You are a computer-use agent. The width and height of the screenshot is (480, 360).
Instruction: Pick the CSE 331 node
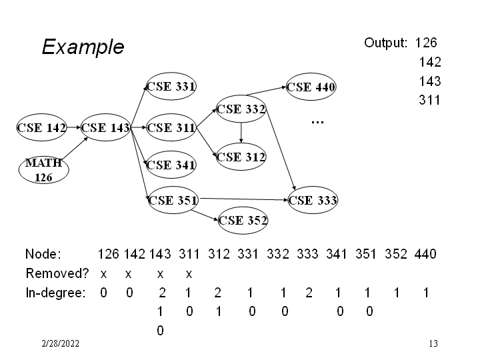pos(171,86)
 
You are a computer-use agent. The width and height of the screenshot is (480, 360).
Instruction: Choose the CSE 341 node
pos(171,165)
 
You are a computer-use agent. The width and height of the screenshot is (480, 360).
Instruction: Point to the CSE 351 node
pos(171,199)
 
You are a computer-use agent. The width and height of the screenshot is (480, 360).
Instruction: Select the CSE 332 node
pos(241,109)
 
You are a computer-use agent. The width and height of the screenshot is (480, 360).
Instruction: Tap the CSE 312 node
pos(241,157)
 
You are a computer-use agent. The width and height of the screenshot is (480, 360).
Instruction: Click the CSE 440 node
pos(311,87)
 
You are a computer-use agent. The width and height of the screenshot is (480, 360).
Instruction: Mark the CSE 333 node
pos(313,199)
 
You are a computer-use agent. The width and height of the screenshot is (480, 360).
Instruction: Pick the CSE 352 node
pos(243,219)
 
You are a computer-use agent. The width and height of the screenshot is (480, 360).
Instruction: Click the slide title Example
pos(83,47)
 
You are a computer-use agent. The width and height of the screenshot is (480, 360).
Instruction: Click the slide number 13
pos(433,344)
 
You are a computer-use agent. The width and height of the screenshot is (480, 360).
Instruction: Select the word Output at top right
pos(385,43)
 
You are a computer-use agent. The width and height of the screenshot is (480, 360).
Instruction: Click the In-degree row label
pos(55,293)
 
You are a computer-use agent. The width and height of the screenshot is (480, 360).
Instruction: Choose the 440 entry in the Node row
pos(425,254)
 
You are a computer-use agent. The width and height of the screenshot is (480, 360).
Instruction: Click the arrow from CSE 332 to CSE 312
pos(241,134)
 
